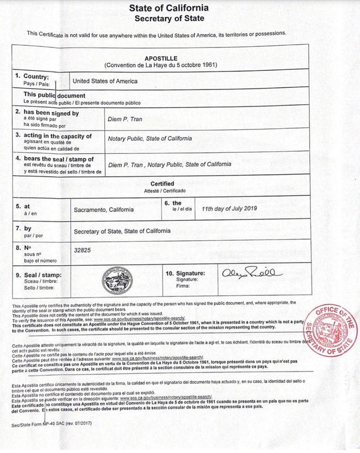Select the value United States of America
pos(105,81)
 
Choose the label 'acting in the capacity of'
pos(53,135)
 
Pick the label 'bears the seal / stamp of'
pos(55,159)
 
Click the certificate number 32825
pos(81,251)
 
